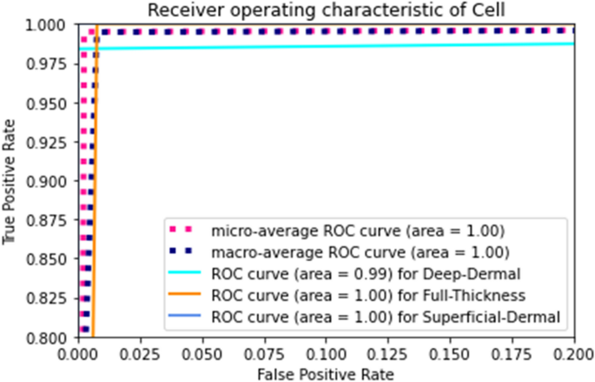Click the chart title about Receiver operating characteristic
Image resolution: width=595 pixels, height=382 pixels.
(x=325, y=10)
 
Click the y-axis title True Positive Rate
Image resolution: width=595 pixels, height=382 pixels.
(x=11, y=180)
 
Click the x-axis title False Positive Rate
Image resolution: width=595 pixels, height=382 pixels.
(x=325, y=373)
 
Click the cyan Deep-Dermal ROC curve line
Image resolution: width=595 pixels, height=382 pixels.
(x=347, y=45)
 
